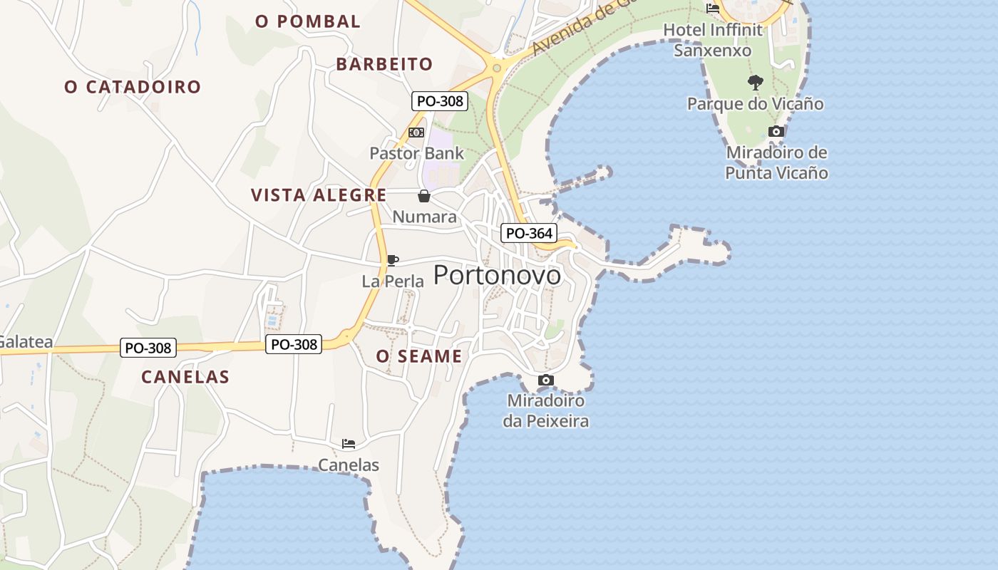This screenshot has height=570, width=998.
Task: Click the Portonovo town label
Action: coord(497,275)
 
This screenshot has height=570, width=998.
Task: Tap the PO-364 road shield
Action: coord(529,233)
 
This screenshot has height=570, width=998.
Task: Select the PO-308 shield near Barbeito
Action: coord(440,101)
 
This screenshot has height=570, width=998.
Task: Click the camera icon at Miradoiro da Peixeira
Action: coord(546,380)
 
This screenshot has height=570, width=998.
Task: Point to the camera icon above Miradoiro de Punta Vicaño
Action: coord(776,131)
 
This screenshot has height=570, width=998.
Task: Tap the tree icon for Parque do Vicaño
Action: coord(756,83)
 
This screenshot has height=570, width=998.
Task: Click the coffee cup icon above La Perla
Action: coord(392,260)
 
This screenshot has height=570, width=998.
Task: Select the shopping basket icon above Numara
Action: coord(424,196)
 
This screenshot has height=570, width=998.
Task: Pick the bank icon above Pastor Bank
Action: coord(416,133)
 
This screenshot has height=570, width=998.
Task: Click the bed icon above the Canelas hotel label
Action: coord(349,444)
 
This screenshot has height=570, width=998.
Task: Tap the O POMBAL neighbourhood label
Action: coord(308,21)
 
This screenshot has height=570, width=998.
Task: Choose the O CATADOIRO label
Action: coord(133,87)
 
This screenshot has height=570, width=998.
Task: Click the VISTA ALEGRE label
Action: coord(319,195)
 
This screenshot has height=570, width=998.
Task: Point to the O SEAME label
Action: coord(419,356)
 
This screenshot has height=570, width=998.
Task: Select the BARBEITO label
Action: coord(384,64)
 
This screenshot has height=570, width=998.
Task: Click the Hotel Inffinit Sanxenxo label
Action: coord(713,40)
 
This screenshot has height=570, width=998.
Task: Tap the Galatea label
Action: coord(25,342)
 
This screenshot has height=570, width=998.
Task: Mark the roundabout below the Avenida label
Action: coord(496,68)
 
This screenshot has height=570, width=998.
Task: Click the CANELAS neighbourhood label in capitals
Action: coord(185,377)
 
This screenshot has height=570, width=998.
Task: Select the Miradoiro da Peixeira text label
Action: coord(546,411)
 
